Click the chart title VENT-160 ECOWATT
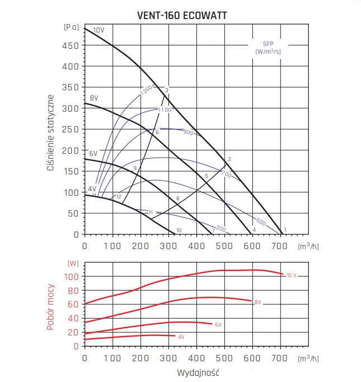181,16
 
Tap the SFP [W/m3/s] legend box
268,47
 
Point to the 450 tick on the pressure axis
70,45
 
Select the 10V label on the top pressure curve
99,30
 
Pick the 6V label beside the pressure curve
93,153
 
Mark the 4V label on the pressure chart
92,189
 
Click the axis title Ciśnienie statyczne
50,134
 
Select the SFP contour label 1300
147,90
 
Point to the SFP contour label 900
188,133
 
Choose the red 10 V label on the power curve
291,275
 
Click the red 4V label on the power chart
181,337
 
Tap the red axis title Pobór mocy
50,307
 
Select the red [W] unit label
73,263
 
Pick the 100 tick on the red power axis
70,277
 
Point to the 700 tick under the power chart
280,357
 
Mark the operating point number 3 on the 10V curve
167,90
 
